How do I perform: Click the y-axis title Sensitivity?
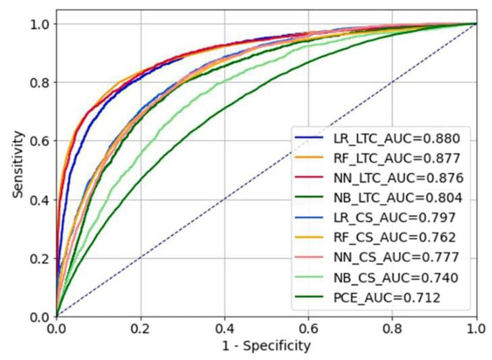[x=18, y=169]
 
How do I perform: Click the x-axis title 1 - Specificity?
[x=267, y=346]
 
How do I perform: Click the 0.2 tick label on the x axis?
[x=140, y=328]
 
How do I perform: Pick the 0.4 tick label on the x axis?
[x=225, y=328]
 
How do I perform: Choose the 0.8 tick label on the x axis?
[x=393, y=328]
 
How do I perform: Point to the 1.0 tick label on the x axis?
[x=476, y=328]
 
